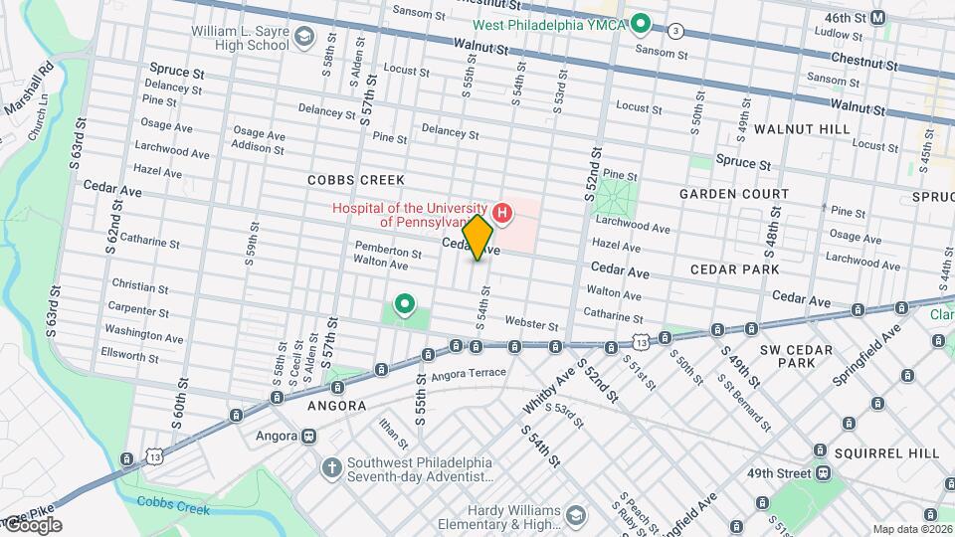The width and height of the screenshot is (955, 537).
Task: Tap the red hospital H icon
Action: [502, 212]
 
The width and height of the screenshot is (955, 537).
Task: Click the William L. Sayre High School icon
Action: [303, 38]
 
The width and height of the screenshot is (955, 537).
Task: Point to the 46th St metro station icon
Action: [877, 18]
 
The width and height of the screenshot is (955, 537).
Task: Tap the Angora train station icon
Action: [309, 436]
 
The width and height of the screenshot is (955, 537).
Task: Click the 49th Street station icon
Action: [823, 472]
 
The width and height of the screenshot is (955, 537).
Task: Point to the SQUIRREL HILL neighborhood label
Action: [886, 452]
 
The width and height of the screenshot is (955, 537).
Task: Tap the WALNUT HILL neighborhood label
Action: [801, 129]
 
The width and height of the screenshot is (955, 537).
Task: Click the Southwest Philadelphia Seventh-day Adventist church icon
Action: [330, 465]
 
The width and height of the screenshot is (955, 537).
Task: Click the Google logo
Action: [32, 525]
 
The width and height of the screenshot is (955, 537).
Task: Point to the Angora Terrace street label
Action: [469, 375]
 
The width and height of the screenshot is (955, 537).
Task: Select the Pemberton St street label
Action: [388, 254]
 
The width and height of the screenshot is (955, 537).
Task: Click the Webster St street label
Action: [526, 321]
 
